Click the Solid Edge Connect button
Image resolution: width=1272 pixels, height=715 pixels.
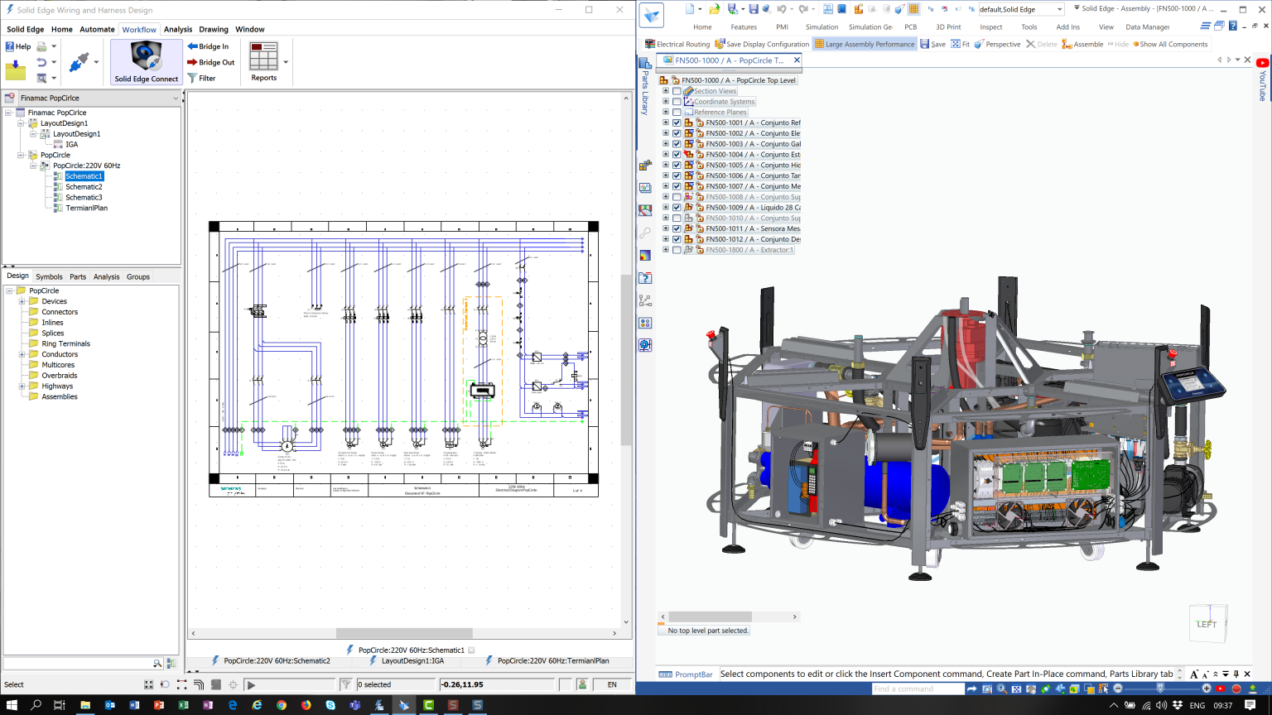147,62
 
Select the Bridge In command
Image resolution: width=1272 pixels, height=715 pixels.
208,46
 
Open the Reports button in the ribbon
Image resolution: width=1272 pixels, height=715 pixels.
263,62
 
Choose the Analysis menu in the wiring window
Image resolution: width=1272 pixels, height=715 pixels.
178,29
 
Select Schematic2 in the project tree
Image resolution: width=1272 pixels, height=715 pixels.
84,187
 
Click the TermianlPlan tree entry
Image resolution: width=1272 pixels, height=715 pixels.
86,208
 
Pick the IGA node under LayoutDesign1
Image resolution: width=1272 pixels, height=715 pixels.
72,144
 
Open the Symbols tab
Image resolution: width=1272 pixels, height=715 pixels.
49,276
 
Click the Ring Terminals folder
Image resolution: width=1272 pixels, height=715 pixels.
65,343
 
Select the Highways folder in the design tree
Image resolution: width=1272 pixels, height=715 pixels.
57,386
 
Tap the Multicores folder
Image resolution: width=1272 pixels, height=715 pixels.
58,365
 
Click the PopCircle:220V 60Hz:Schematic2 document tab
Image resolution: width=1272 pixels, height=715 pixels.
277,661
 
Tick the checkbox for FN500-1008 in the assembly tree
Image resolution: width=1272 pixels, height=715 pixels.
677,197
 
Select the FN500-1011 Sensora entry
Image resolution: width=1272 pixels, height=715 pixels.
752,228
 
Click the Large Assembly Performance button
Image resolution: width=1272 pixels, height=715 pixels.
865,44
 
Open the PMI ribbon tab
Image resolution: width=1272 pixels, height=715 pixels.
782,27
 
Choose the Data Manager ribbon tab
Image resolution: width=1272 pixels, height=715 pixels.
1147,27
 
